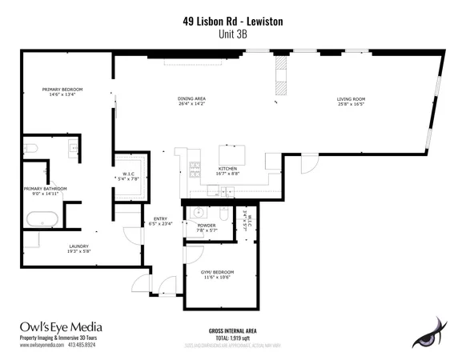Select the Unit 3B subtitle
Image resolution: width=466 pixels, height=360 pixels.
pyautogui.click(x=232, y=36)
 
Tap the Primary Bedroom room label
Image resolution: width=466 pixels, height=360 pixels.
pyautogui.click(x=62, y=91)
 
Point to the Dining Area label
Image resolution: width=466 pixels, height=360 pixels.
pyautogui.click(x=191, y=101)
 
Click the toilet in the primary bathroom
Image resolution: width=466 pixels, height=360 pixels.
pyautogui.click(x=30, y=148)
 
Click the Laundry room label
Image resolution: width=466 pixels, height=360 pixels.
pyautogui.click(x=78, y=248)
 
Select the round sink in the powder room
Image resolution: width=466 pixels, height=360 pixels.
pyautogui.click(x=197, y=213)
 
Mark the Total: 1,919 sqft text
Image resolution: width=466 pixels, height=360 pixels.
pyautogui.click(x=232, y=338)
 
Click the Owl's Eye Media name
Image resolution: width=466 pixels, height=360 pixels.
pyautogui.click(x=59, y=326)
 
